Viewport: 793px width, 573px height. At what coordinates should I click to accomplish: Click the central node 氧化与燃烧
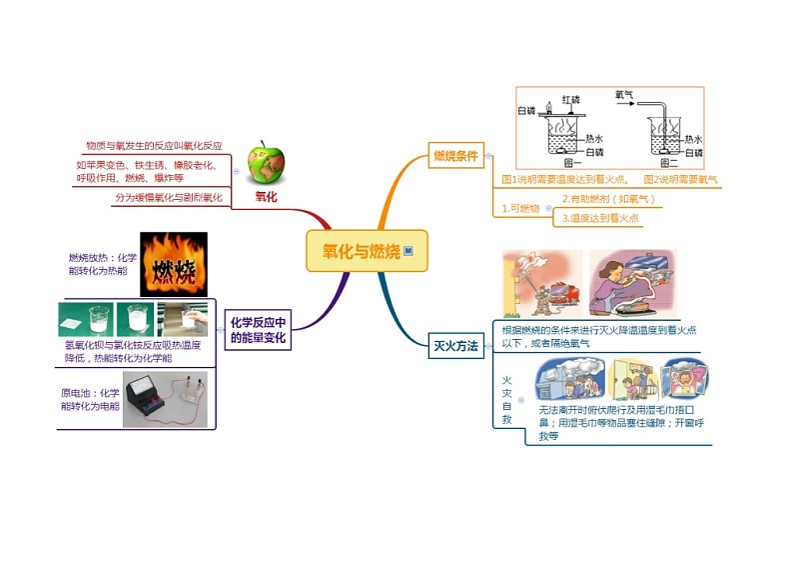pos(367,251)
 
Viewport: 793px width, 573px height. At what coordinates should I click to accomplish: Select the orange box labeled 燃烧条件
pos(455,156)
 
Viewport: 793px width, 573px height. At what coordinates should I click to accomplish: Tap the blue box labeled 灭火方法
pos(455,347)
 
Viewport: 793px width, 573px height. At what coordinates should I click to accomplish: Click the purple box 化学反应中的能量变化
pos(258,330)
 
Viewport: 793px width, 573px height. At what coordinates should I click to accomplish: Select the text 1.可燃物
pos(520,208)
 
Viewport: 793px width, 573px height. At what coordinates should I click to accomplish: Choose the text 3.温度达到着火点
pos(600,217)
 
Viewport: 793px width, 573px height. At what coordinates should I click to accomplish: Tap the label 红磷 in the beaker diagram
pos(570,100)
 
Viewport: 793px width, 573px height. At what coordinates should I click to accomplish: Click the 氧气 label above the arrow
pos(625,94)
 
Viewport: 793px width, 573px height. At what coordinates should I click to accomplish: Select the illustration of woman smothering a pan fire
pos(632,284)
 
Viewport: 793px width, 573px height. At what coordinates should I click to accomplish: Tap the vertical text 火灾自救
pos(506,401)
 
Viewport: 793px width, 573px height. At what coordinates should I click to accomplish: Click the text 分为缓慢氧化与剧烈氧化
pos(169,198)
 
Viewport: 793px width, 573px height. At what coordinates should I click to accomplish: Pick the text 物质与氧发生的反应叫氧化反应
pos(154,145)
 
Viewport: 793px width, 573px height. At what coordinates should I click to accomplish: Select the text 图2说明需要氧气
pos(680,179)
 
